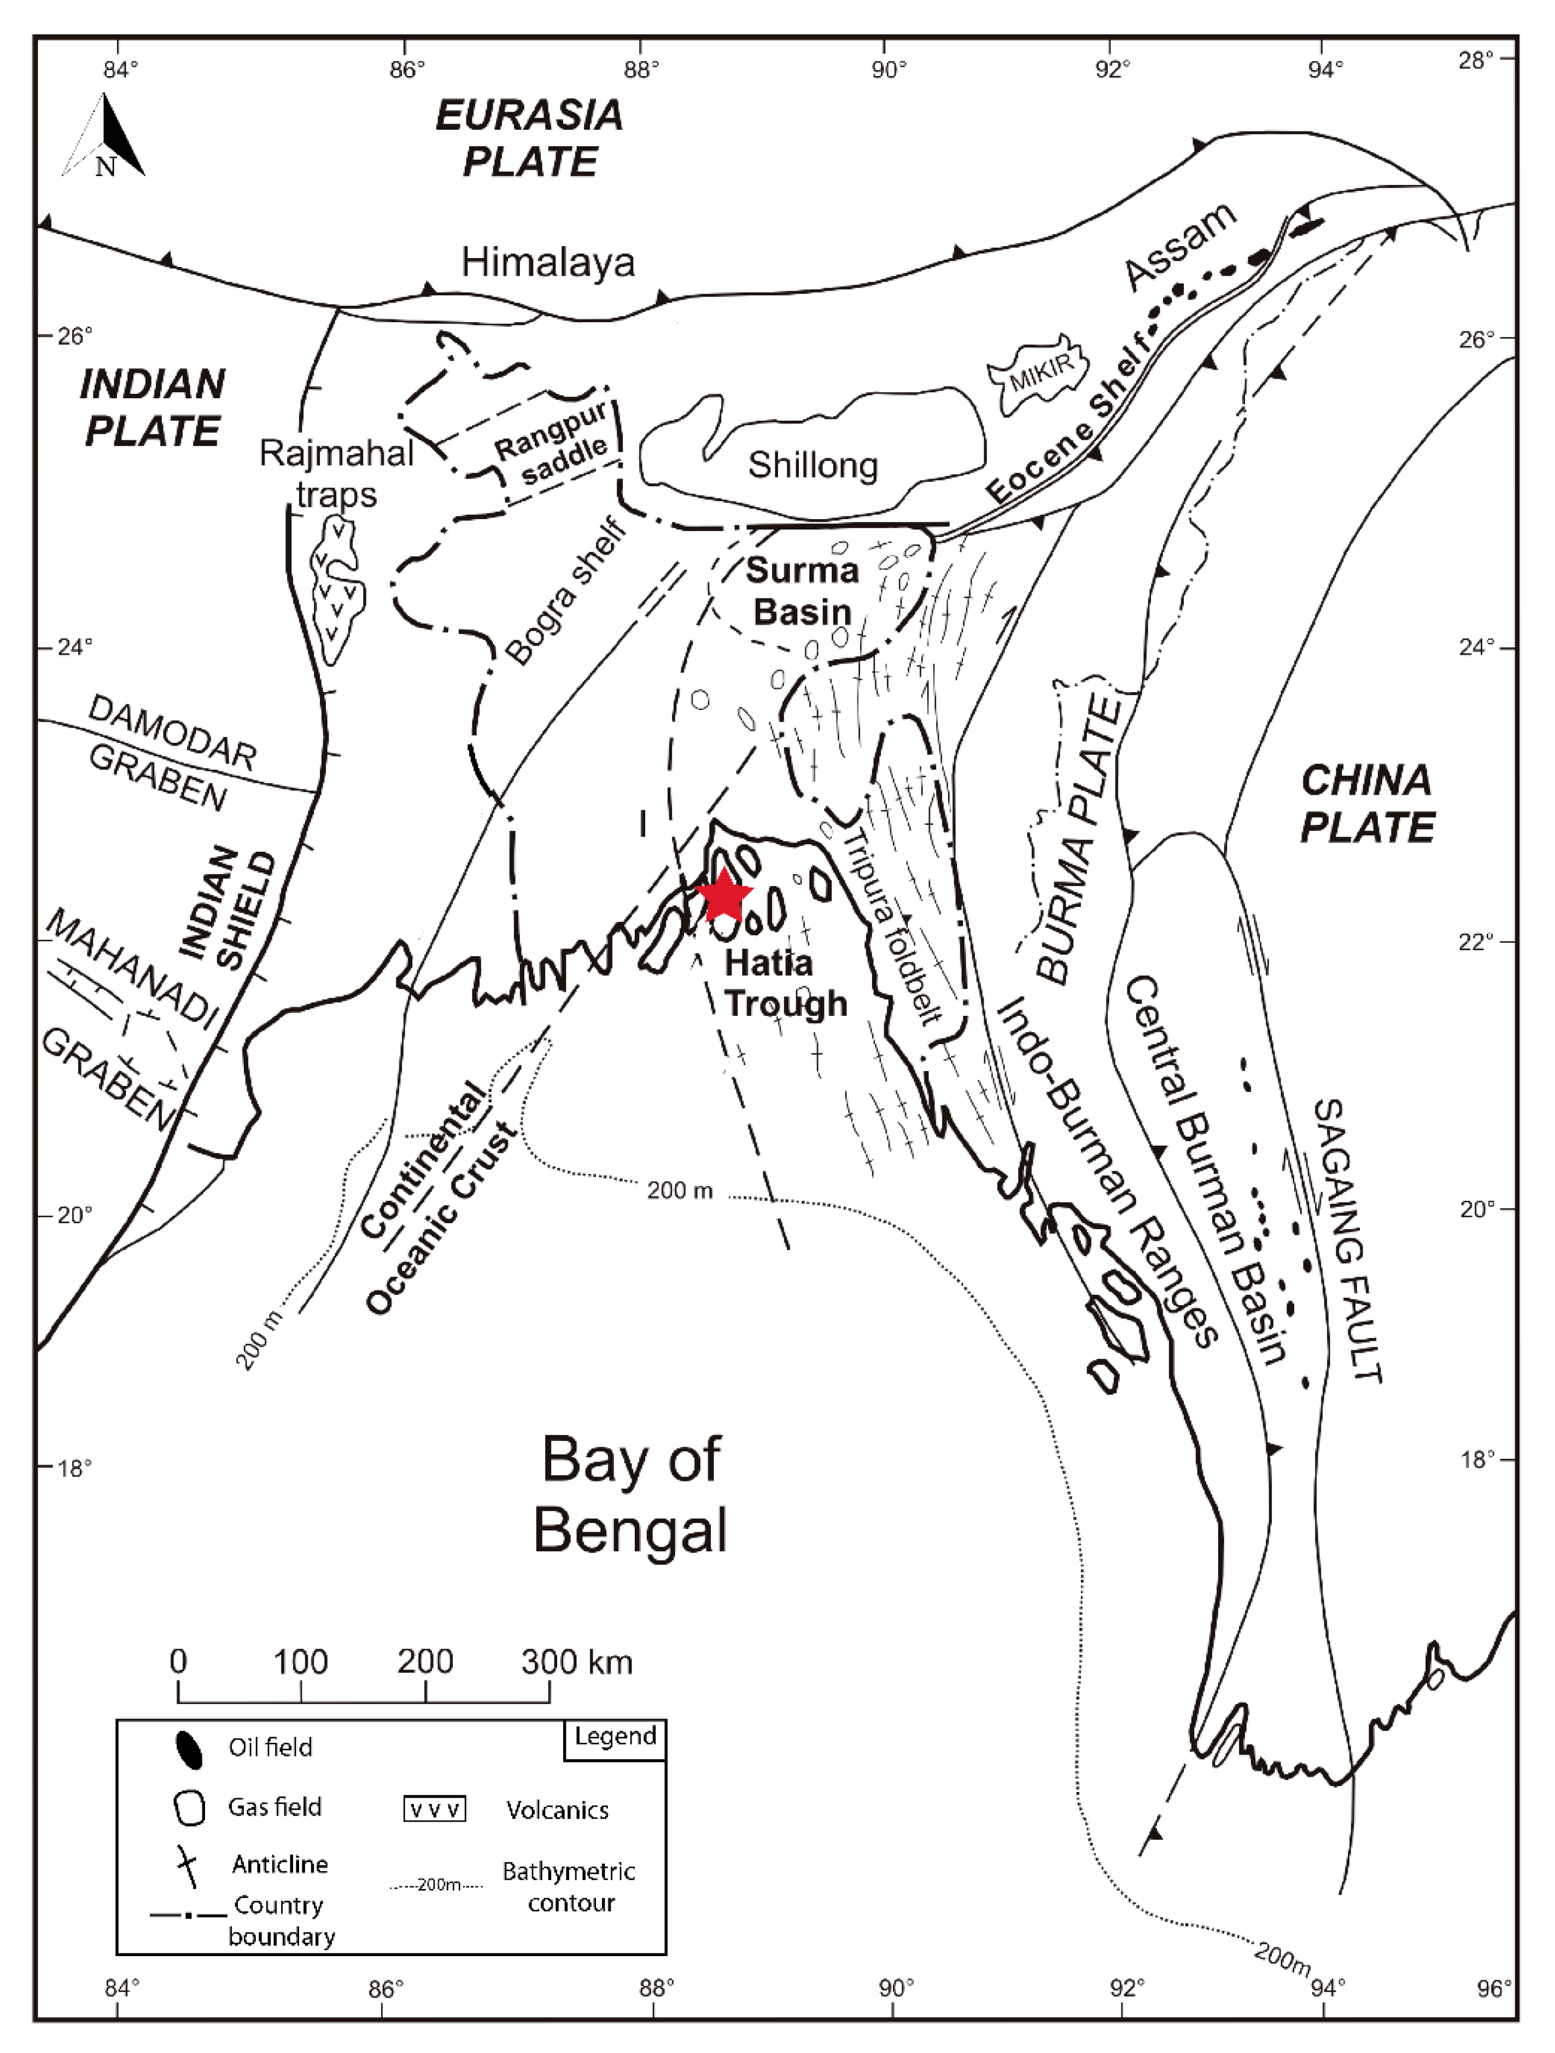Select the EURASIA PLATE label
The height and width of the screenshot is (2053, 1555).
530,138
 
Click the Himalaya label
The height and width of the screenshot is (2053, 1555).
548,263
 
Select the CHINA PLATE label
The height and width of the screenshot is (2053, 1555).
1367,804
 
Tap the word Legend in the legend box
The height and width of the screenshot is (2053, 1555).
615,1736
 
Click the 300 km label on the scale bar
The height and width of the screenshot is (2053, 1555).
576,1661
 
